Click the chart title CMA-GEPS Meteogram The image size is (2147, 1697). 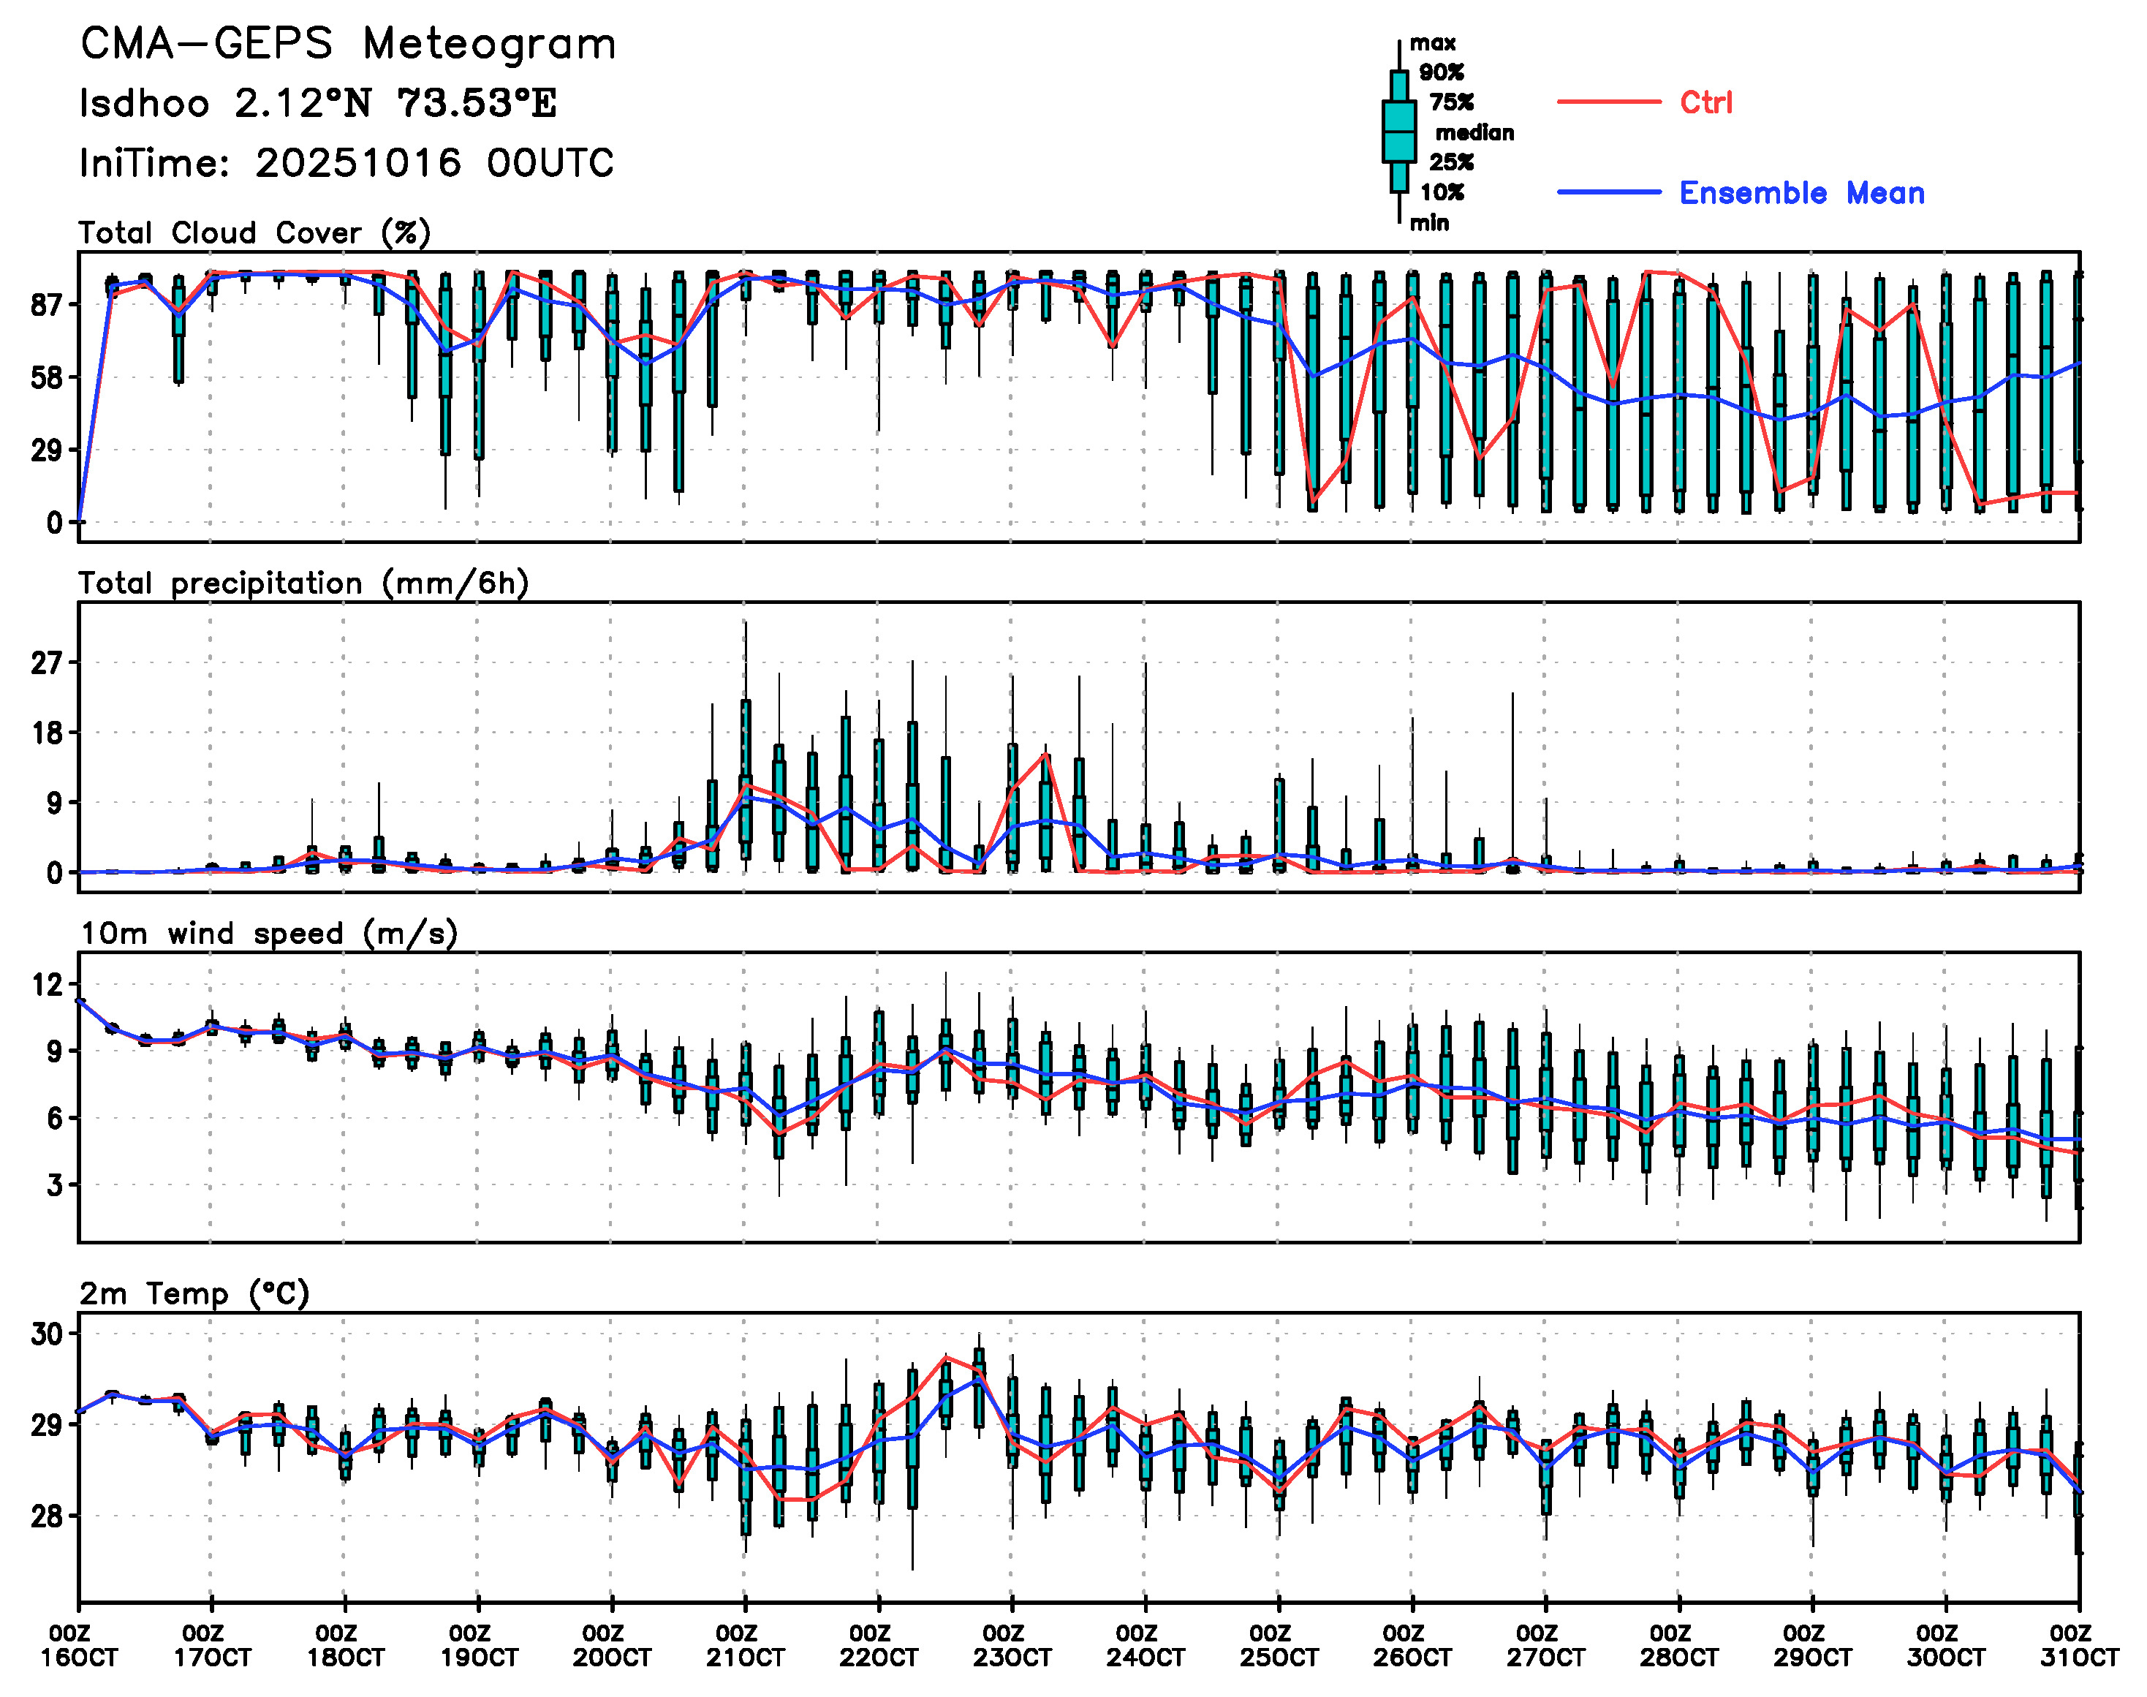348,45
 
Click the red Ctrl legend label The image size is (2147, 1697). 1706,102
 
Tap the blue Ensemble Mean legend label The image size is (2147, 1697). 1801,193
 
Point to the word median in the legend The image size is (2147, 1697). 1474,133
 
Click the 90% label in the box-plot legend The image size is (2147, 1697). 1441,72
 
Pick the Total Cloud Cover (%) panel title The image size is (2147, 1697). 254,233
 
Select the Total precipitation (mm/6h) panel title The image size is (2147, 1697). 303,583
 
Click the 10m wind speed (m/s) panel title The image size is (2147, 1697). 268,934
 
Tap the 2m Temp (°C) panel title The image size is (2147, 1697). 194,1293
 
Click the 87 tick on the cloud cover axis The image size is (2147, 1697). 47,305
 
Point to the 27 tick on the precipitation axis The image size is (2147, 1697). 47,662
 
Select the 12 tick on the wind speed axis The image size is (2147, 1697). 47,986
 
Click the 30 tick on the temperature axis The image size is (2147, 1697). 47,1334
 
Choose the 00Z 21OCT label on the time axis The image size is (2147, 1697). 744,1647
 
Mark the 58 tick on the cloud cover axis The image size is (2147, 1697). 47,377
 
